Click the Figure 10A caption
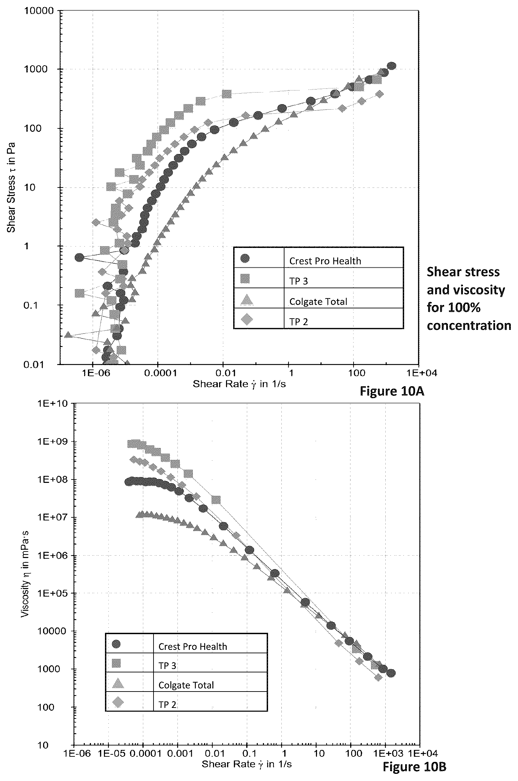[x=392, y=391]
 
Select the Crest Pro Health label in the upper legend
[x=325, y=261]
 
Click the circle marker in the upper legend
[x=245, y=258]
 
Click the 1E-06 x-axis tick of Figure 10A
[x=93, y=374]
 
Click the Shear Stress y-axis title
[x=12, y=187]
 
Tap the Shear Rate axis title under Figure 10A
[x=239, y=385]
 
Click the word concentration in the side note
[x=469, y=325]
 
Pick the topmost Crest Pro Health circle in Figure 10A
[x=392, y=66]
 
